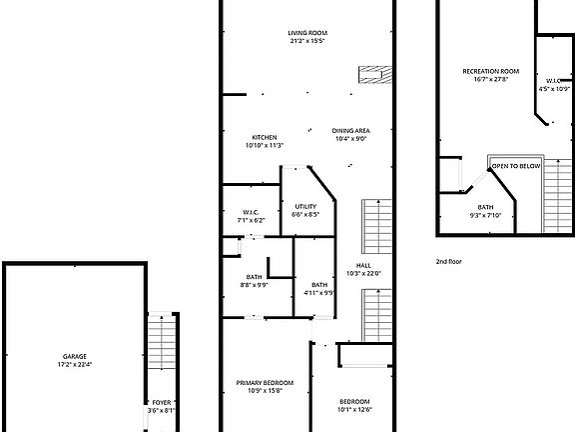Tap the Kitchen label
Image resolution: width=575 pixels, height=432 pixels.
265,137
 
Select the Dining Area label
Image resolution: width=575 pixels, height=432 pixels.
350,130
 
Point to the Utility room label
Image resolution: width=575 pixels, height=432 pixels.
305,206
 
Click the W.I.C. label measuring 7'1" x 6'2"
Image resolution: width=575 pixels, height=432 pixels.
251,211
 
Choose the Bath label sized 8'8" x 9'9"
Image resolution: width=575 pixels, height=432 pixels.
254,277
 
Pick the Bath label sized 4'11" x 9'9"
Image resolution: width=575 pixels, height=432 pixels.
317,284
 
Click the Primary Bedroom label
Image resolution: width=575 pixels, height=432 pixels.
265,383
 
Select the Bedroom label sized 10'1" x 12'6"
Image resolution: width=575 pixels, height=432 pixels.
354,401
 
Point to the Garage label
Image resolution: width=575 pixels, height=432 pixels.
75,356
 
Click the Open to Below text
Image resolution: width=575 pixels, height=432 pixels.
516,165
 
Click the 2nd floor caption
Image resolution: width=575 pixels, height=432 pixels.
448,261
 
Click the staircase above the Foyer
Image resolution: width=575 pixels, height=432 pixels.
161,345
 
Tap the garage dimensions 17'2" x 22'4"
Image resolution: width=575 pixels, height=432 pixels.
75,364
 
